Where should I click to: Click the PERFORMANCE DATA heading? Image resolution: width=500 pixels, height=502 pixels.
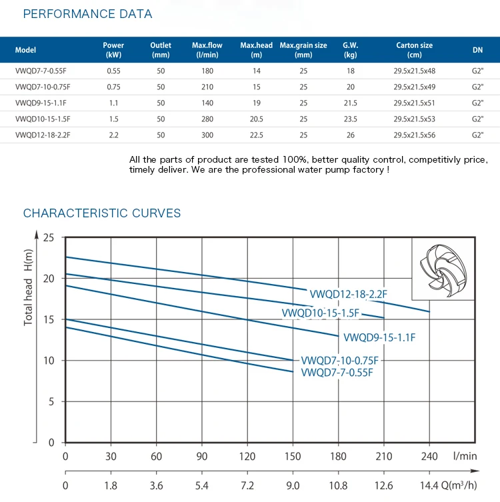[88, 14]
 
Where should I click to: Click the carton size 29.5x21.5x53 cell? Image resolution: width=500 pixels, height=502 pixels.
[414, 119]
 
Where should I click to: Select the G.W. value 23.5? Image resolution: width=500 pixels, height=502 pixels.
[351, 119]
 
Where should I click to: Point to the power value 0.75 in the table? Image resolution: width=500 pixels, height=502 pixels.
[113, 87]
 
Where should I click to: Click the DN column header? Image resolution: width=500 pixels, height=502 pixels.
[477, 49]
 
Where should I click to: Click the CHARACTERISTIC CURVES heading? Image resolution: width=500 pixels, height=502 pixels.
[102, 213]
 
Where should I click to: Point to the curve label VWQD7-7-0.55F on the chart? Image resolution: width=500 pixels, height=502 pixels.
[337, 372]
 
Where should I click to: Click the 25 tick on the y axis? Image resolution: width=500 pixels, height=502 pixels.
[48, 237]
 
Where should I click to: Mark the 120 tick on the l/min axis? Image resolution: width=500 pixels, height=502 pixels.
[247, 456]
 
